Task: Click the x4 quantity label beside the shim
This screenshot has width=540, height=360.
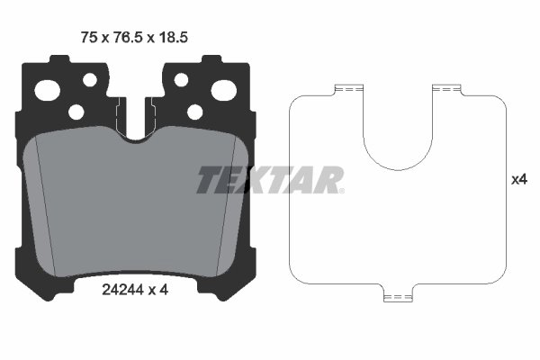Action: (518, 180)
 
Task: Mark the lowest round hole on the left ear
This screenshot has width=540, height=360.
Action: (76, 112)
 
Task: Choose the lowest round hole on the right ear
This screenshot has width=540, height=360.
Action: (193, 112)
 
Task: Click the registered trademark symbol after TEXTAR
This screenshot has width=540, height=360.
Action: (339, 190)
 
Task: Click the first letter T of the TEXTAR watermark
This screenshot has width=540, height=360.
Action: (209, 180)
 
